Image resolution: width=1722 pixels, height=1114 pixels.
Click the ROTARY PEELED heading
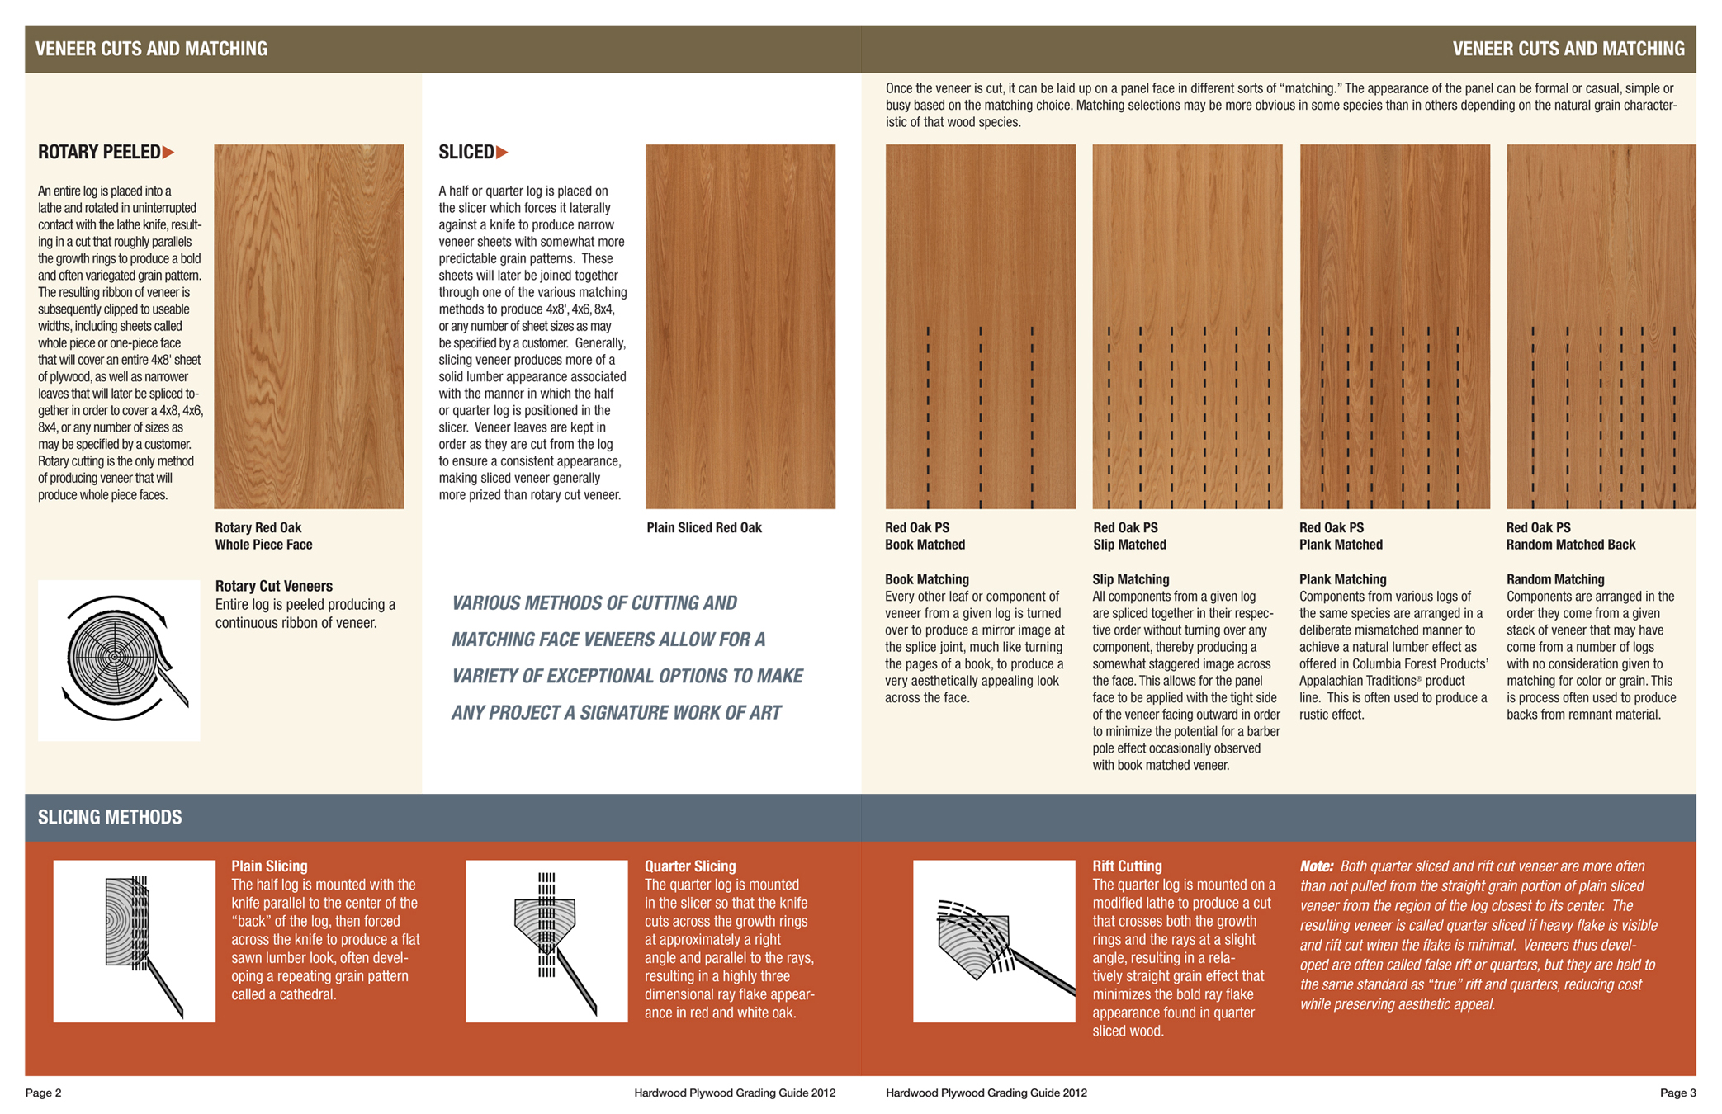click(x=99, y=153)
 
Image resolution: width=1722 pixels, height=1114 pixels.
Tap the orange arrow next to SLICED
click(x=502, y=153)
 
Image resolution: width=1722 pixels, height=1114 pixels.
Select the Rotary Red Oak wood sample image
click(x=309, y=326)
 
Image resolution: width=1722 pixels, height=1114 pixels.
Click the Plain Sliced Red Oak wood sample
click(x=740, y=326)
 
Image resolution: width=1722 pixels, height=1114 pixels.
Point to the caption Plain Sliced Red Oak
click(x=703, y=528)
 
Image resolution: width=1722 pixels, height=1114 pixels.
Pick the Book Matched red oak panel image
click(x=980, y=326)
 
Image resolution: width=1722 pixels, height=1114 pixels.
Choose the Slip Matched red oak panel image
click(x=1187, y=326)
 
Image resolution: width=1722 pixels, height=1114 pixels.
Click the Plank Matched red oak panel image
click(x=1394, y=326)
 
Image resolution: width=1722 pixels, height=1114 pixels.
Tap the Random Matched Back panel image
click(x=1601, y=326)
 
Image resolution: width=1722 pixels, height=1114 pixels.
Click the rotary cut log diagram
click(x=119, y=660)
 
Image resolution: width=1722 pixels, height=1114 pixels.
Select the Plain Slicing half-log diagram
click(x=135, y=941)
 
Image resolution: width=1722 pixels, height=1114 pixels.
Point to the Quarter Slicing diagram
click(x=546, y=941)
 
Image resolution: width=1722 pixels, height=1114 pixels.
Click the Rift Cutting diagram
click(x=994, y=941)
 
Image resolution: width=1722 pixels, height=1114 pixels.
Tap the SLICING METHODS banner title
click(x=110, y=817)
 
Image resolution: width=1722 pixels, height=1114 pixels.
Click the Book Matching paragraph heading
click(x=926, y=579)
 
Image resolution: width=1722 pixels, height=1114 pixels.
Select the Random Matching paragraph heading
click(x=1554, y=579)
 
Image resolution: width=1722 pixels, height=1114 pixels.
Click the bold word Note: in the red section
click(x=1316, y=866)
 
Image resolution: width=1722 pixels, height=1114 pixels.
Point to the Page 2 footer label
click(x=44, y=1093)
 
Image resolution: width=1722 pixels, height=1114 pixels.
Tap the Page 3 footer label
click(x=1677, y=1093)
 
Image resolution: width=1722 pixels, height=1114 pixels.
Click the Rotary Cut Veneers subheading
click(x=273, y=586)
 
